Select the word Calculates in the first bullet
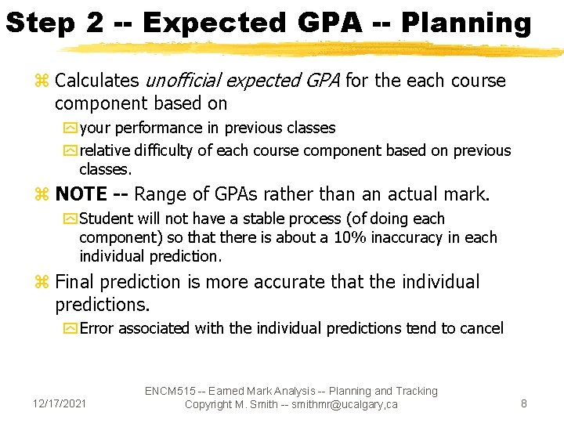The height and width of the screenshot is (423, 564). (98, 81)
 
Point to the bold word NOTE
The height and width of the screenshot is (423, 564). (81, 193)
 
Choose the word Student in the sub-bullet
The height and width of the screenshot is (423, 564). (107, 219)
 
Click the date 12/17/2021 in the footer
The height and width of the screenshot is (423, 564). (60, 403)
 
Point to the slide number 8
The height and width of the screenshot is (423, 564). (524, 403)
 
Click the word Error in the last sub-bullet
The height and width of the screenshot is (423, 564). (97, 328)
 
